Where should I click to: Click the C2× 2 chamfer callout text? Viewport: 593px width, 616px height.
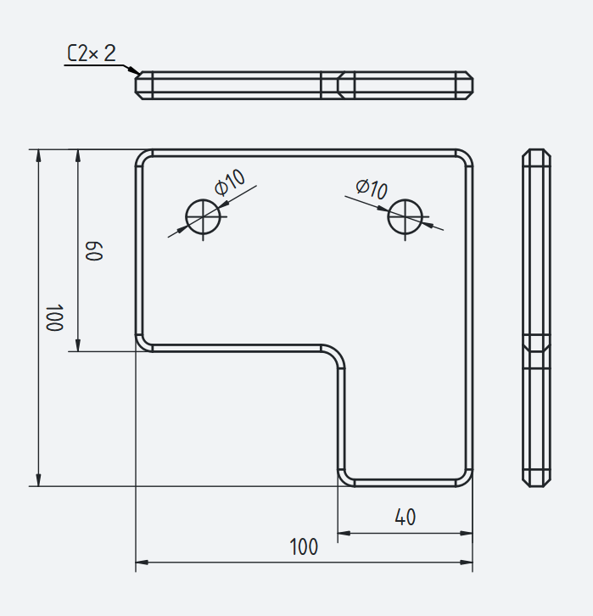tap(92, 53)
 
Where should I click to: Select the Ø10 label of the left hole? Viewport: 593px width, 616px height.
tap(231, 182)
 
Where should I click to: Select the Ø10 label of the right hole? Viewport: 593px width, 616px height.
tap(372, 189)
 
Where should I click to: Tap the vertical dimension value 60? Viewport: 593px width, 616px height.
tap(94, 251)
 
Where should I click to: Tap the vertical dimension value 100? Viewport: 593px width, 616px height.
tap(54, 317)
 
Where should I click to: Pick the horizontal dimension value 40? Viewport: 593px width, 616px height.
tap(406, 517)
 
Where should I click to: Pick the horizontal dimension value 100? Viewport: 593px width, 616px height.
tap(304, 546)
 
